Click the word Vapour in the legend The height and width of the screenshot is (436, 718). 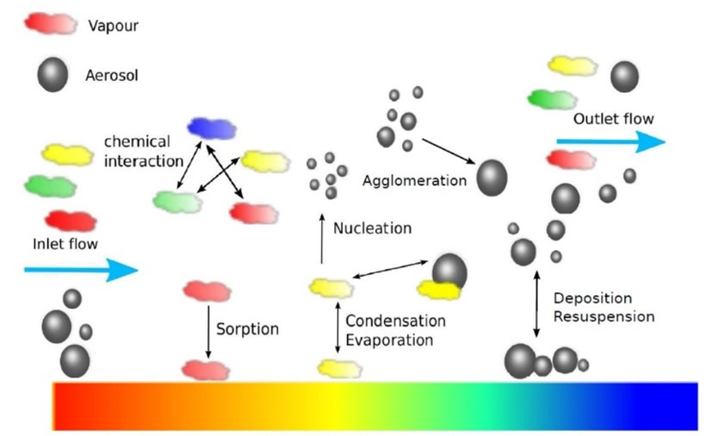coord(112,26)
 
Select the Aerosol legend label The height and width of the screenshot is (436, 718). coord(112,76)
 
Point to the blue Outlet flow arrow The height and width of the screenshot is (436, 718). coord(610,141)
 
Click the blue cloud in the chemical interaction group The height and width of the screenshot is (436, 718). coord(212,128)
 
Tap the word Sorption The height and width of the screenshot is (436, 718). coord(248,329)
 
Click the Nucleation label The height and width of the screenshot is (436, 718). coord(372,228)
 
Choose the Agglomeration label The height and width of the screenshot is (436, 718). coord(414,181)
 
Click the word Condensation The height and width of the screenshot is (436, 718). coord(395,321)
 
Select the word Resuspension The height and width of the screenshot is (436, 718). coord(603,316)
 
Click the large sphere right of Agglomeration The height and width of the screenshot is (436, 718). coord(492,178)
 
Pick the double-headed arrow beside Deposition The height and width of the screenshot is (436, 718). coord(537,305)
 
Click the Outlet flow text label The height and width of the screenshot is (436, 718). coord(613,119)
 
